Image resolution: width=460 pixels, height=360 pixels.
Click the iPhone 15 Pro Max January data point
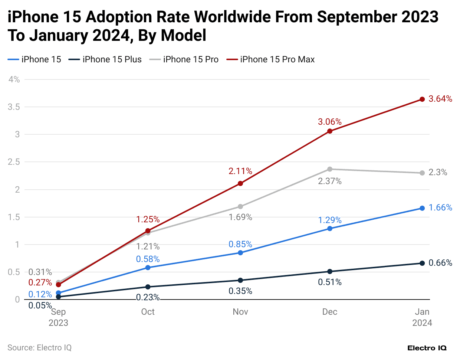(x=422, y=99)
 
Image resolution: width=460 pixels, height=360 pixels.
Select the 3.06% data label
(x=329, y=122)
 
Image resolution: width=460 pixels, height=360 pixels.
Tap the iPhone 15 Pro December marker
(x=330, y=169)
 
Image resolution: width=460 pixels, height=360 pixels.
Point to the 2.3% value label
(x=438, y=172)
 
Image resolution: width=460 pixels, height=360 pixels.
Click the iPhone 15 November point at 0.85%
(x=240, y=253)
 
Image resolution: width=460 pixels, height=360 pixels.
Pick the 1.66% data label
(x=440, y=207)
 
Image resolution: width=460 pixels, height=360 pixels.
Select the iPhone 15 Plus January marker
(x=422, y=263)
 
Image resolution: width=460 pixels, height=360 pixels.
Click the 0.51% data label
(x=329, y=282)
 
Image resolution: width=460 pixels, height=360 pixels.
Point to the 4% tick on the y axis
(x=14, y=79)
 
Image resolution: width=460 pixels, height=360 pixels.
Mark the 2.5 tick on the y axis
(x=14, y=162)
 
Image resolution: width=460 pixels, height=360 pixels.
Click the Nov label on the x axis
(x=240, y=312)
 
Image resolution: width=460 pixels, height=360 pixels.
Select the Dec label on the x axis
(x=329, y=312)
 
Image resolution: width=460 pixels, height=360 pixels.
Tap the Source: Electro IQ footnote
(x=39, y=348)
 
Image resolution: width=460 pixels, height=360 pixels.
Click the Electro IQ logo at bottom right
(x=427, y=348)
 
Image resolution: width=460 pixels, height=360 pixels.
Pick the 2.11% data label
(x=240, y=171)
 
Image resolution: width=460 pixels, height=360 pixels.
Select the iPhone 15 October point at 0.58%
(x=148, y=268)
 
